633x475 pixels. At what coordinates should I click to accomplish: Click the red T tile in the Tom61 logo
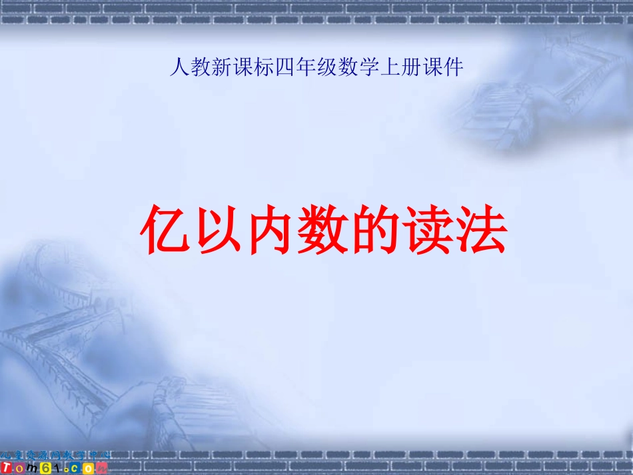click(7, 468)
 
